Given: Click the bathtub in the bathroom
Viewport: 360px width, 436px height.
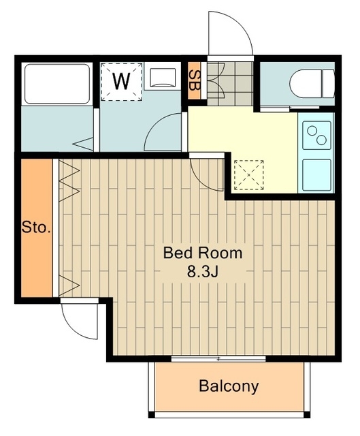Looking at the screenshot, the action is [x=57, y=84].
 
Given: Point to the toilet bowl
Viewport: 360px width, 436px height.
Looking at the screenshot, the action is [x=312, y=83].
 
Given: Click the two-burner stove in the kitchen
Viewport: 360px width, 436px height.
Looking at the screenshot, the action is [x=316, y=135].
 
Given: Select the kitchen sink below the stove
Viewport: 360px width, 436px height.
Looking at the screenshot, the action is [x=316, y=175].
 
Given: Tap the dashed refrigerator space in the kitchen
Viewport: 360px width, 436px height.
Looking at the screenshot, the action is [x=248, y=175].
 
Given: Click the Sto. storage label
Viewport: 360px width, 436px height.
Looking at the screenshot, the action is [x=36, y=228].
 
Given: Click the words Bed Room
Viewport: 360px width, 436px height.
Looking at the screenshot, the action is [x=203, y=253].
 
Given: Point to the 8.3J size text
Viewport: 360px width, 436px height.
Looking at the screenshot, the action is [x=202, y=272].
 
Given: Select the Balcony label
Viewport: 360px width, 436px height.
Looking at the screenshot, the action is [x=229, y=386].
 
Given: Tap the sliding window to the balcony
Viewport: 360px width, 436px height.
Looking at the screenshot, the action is [x=218, y=359].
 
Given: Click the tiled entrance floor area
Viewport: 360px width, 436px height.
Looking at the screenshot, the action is [x=230, y=83].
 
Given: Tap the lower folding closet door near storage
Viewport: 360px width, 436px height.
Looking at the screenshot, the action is [x=69, y=285].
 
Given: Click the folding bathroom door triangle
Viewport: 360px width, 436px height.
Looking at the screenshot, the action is [x=84, y=144].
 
